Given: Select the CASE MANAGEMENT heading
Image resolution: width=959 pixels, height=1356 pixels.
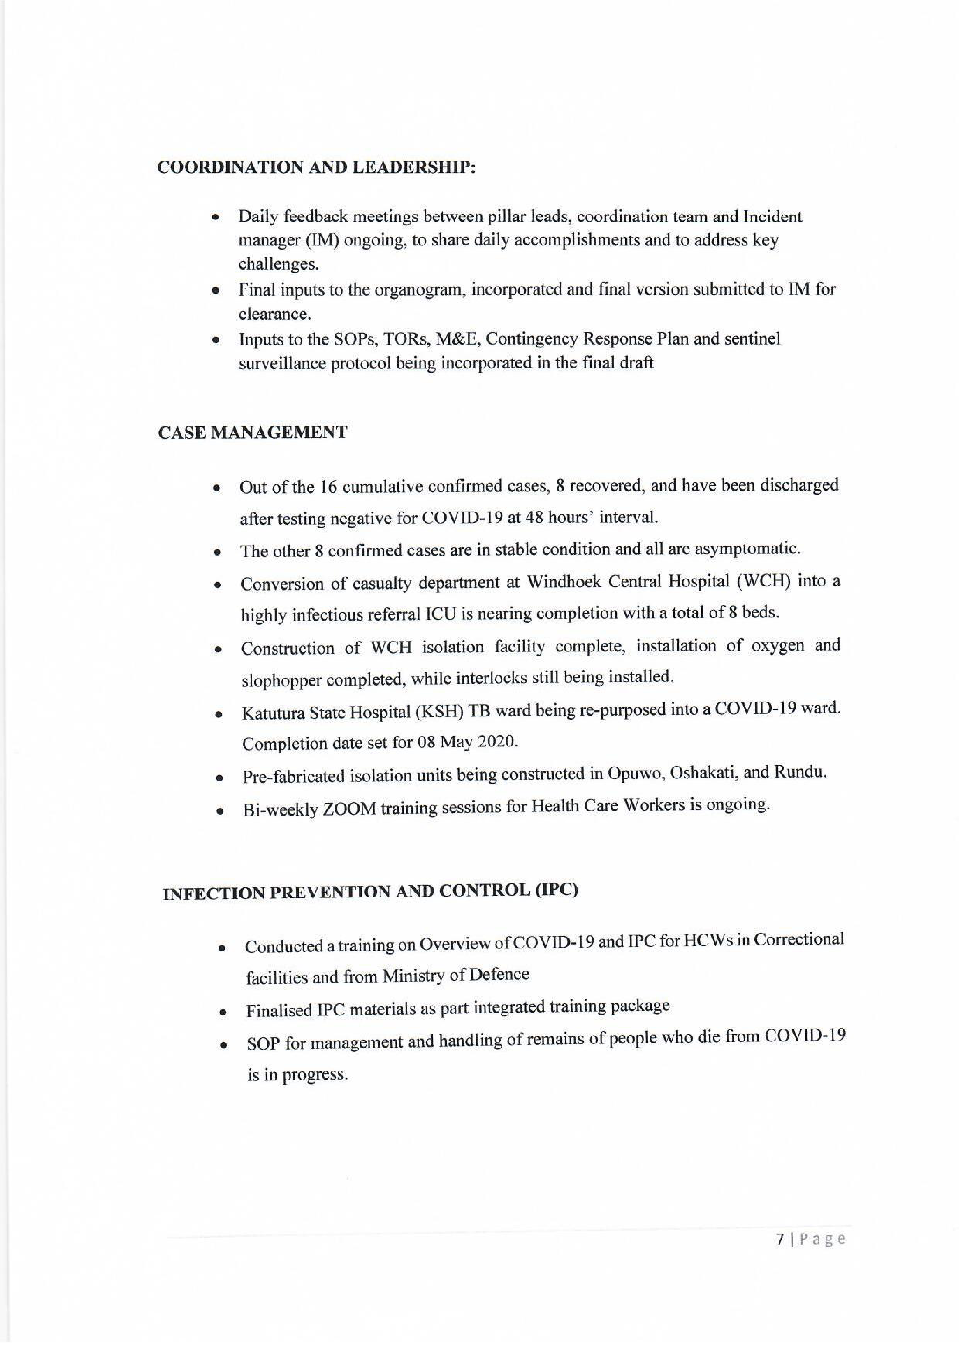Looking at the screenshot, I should [253, 432].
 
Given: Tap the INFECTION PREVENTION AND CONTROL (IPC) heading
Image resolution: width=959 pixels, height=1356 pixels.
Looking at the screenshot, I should [370, 892].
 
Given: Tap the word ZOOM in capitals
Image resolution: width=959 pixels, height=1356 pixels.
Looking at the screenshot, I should [349, 809].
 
